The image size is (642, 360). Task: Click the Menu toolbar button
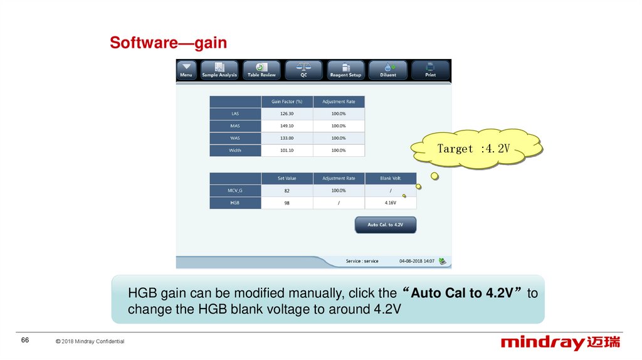click(x=186, y=70)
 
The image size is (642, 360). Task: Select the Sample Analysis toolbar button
click(x=219, y=70)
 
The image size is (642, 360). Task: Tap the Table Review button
click(x=261, y=70)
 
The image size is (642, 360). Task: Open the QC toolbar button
click(x=303, y=70)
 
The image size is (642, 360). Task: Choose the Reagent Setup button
click(x=345, y=70)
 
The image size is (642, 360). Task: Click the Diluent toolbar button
click(x=388, y=70)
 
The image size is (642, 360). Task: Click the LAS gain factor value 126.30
click(x=287, y=114)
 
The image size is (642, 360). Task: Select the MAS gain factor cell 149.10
click(x=287, y=126)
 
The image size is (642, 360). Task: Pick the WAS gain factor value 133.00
click(x=287, y=138)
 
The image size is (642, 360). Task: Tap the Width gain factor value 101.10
click(x=287, y=151)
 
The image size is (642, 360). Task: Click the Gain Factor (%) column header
click(x=287, y=102)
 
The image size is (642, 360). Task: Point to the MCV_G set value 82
click(x=287, y=191)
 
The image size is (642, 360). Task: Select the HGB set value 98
click(x=287, y=203)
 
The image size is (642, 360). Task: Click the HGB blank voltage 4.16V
click(x=390, y=203)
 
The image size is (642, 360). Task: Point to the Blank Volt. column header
click(x=390, y=179)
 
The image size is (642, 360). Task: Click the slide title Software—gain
click(x=168, y=43)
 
